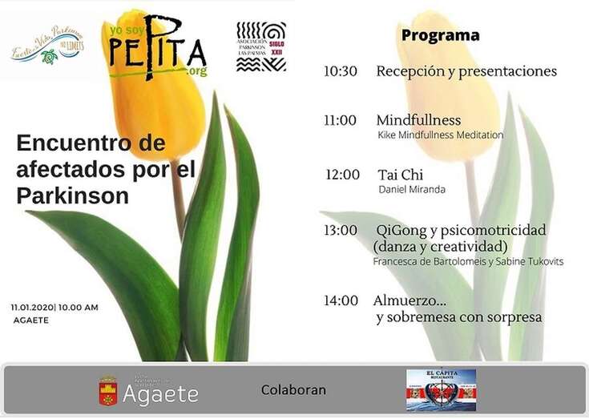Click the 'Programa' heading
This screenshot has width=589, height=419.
tap(440, 36)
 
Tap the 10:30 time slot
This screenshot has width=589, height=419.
tap(341, 71)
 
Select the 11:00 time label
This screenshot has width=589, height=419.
tap(341, 121)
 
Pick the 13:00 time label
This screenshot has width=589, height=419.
tap(341, 231)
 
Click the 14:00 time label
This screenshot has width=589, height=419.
tap(341, 301)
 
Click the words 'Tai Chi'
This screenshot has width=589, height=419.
tap(401, 175)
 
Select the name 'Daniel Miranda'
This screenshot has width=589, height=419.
tap(411, 190)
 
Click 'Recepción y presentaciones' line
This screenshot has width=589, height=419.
tap(466, 71)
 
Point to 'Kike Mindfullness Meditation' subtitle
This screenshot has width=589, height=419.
tap(440, 135)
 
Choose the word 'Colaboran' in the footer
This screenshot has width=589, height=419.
tap(293, 391)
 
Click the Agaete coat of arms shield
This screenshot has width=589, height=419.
tap(107, 391)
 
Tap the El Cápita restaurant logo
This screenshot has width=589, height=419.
tap(441, 390)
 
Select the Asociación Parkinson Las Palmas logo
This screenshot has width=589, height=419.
tap(261, 46)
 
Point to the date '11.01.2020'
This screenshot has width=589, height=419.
tap(31, 308)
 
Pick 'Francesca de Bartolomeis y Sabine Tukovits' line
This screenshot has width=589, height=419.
tap(468, 262)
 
